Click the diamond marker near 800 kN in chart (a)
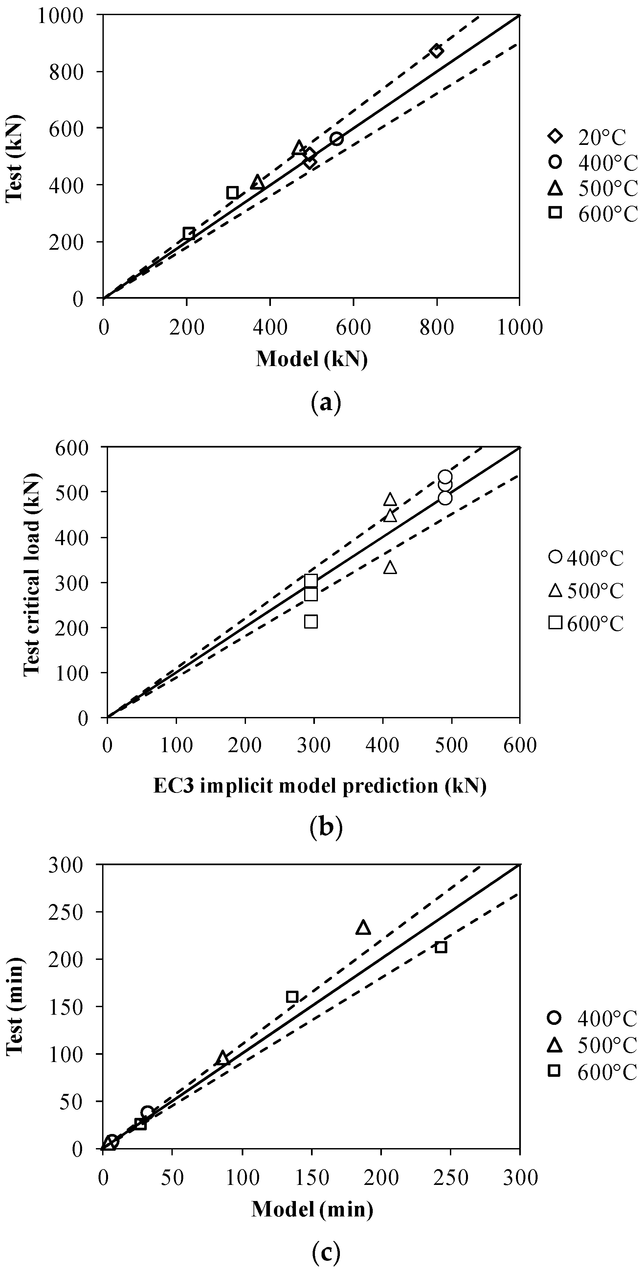[x=436, y=51]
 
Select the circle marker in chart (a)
[x=337, y=139]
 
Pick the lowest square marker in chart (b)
[x=311, y=622]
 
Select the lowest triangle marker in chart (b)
[x=390, y=567]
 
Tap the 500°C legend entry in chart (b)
[x=587, y=590]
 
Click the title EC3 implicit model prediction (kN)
[x=320, y=786]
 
